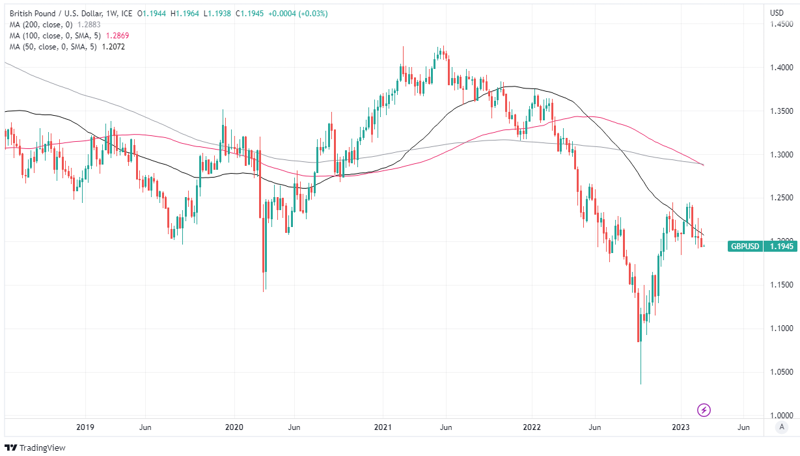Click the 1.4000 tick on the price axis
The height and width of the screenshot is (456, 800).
point(781,68)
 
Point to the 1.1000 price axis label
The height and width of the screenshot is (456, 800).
point(781,329)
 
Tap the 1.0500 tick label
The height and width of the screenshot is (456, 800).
point(781,372)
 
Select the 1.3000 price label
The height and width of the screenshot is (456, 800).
point(781,155)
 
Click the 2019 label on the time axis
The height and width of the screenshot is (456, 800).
point(85,427)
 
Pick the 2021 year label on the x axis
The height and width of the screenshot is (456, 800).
point(383,427)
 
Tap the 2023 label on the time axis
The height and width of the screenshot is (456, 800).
point(681,427)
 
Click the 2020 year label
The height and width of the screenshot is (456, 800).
point(234,427)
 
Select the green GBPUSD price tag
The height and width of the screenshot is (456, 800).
point(744,247)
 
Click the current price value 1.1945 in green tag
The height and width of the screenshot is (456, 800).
point(781,247)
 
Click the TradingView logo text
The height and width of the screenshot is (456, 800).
point(42,448)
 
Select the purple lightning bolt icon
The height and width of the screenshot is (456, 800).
point(704,410)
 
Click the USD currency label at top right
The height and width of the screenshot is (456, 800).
point(777,13)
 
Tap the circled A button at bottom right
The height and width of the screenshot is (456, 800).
point(782,427)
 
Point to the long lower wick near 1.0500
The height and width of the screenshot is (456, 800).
point(641,364)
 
